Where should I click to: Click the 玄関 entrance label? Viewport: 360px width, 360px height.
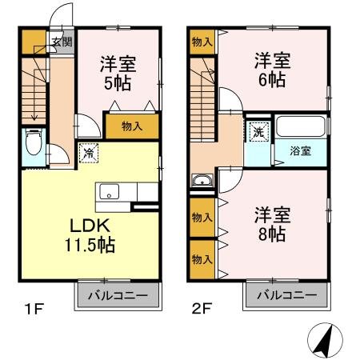(x=62, y=42)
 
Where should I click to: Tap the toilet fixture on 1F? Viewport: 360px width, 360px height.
(x=34, y=142)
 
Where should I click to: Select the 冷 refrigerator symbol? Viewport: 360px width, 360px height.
(x=89, y=153)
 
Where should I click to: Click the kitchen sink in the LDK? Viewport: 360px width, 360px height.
(x=109, y=191)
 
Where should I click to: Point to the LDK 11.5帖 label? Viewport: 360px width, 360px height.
(x=90, y=235)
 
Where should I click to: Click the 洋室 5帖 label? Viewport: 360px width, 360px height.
(x=118, y=73)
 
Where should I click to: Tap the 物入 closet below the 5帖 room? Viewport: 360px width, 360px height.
(x=132, y=126)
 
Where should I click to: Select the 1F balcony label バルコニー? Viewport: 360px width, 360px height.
(x=118, y=295)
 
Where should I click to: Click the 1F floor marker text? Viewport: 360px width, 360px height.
(x=34, y=309)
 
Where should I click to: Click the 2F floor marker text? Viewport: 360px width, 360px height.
(x=202, y=309)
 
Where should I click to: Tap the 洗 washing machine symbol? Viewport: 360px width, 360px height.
(x=258, y=131)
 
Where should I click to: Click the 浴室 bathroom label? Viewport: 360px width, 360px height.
(x=301, y=151)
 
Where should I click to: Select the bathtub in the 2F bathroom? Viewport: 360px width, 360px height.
(x=301, y=126)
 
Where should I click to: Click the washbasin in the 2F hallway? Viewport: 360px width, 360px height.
(x=202, y=180)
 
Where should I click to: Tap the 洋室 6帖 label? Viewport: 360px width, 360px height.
(x=272, y=70)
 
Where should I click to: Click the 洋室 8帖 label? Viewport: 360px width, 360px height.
(x=272, y=224)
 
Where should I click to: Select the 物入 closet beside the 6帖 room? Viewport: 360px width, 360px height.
(x=202, y=42)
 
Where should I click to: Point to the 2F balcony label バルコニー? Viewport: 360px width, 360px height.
(x=287, y=295)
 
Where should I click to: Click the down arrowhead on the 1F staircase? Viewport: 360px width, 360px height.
(x=34, y=117)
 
